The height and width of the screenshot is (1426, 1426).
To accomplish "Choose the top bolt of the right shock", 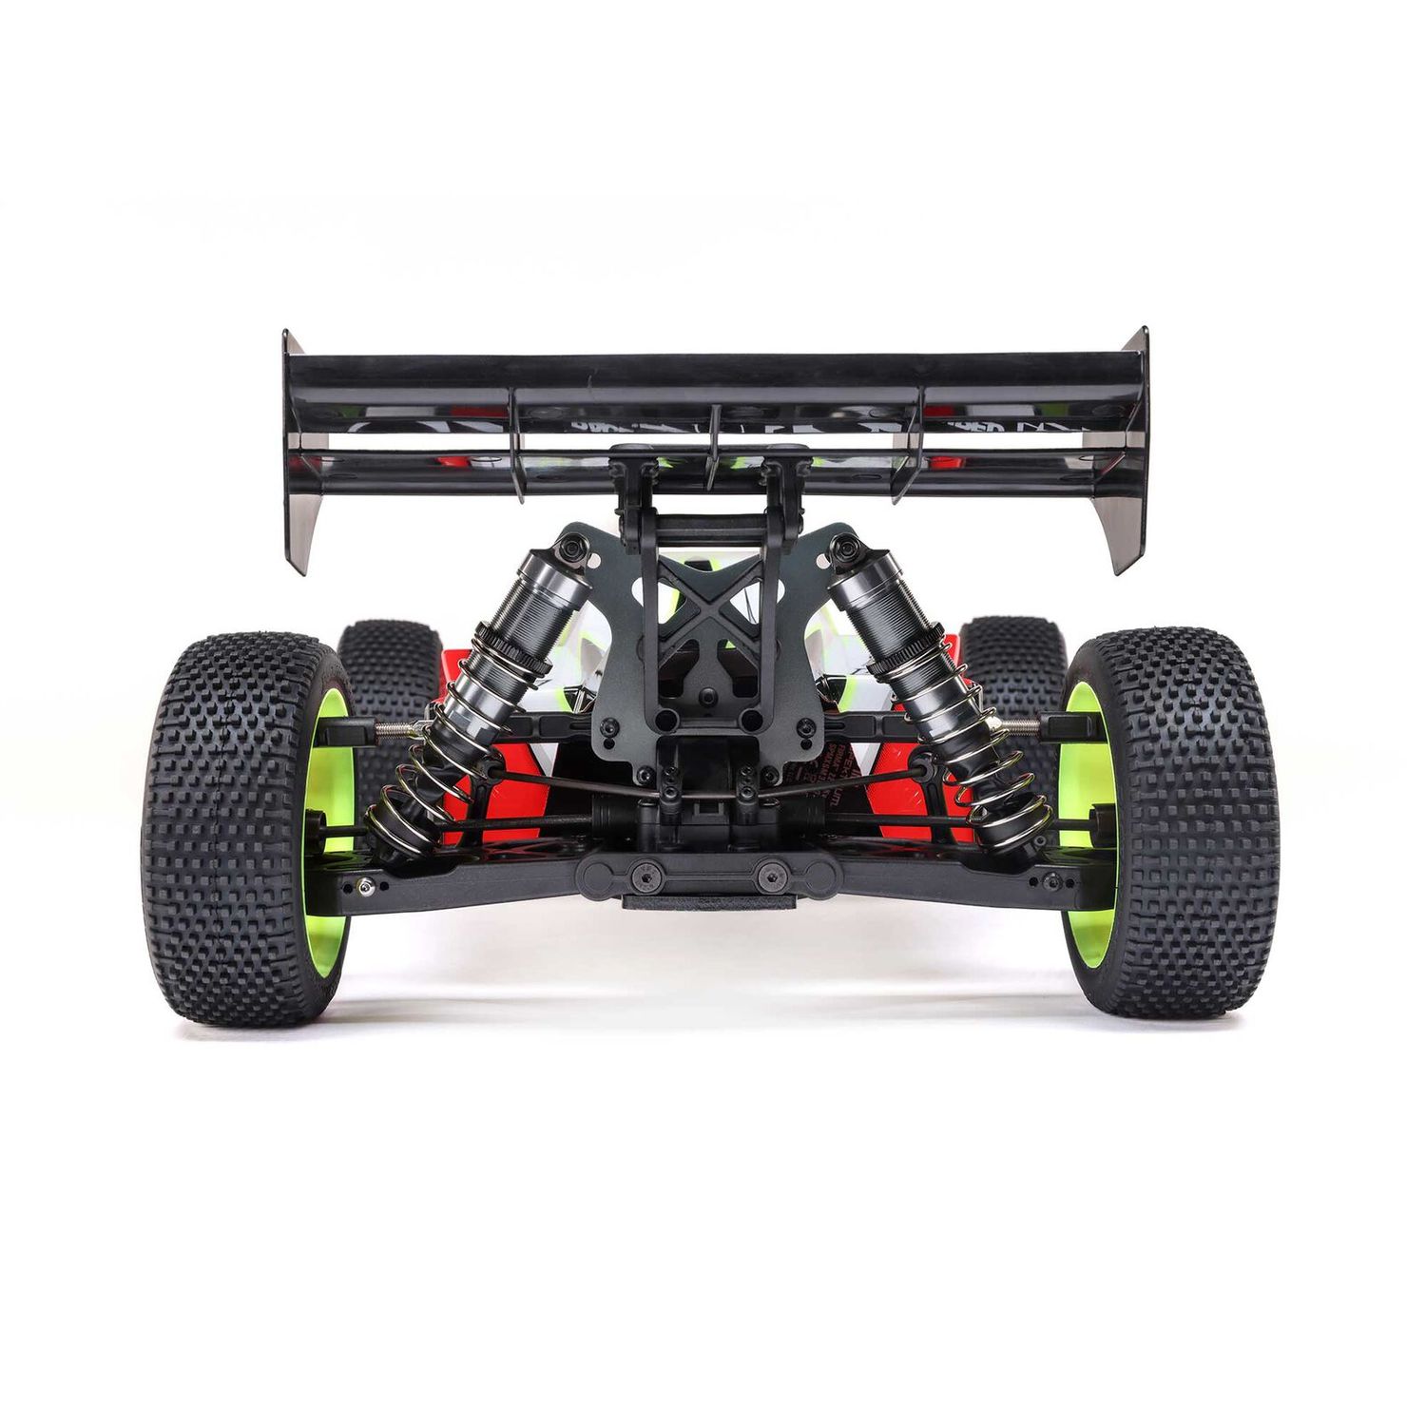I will tap(844, 549).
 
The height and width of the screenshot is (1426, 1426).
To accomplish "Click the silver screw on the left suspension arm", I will tap(363, 886).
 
